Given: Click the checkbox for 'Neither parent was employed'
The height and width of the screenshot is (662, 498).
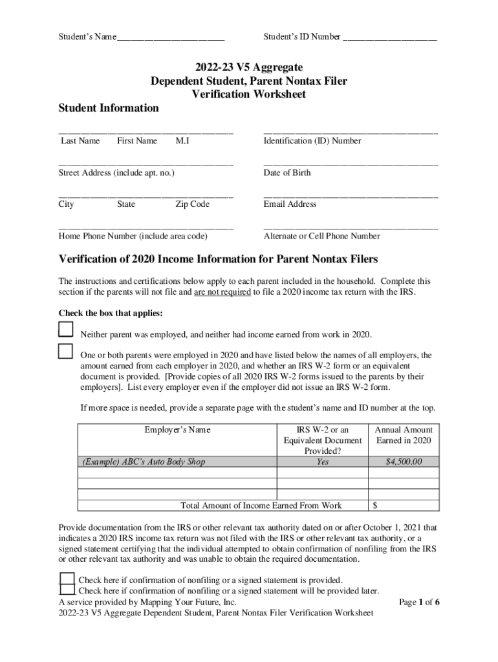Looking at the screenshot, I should coord(66,330).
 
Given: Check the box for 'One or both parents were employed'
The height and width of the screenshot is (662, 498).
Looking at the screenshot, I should coord(66,351).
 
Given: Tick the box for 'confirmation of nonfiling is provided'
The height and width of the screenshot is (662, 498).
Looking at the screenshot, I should coord(67,579).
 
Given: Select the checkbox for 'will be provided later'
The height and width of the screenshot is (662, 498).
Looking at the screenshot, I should coord(67,590).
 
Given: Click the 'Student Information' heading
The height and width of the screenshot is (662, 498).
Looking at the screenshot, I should coord(109,108).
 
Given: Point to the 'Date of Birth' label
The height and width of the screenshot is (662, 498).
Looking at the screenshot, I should coord(287,173).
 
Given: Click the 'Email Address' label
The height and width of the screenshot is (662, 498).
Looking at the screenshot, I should coord(290,204).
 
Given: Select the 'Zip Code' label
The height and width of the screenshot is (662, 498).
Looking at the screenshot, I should coord(192,204).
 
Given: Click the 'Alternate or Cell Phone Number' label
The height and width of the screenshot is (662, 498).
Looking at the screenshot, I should coord(321,236).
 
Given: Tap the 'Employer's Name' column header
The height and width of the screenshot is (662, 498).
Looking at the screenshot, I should coord(177,430).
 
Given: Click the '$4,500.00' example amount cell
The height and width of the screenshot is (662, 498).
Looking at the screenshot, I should coord(404,462).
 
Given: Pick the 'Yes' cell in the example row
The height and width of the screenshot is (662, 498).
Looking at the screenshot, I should coord(322,462).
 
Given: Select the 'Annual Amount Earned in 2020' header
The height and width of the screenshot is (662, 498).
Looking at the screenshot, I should coord(404,435).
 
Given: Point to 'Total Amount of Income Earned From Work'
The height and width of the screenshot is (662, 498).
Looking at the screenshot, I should coord(261,505).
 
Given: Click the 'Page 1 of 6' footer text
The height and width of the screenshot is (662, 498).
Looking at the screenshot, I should coord(420,602).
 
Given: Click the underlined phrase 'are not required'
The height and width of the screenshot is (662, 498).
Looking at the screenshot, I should coord(223,292).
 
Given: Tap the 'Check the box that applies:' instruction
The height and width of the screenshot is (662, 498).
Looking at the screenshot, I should coord(111,314).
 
